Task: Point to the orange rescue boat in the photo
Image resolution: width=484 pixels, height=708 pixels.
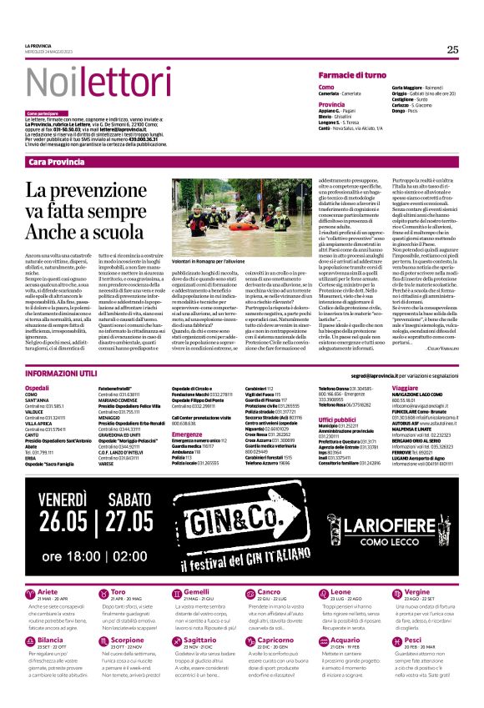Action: (242, 224)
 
